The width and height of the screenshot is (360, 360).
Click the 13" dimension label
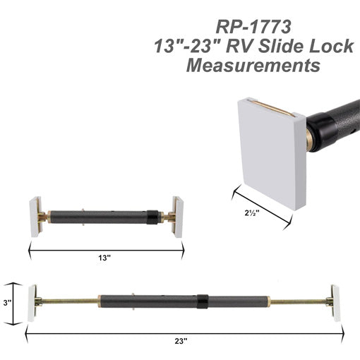[x=104, y=258]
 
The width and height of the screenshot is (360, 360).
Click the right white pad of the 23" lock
[x=335, y=304]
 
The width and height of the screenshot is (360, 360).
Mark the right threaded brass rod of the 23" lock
[x=300, y=303]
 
